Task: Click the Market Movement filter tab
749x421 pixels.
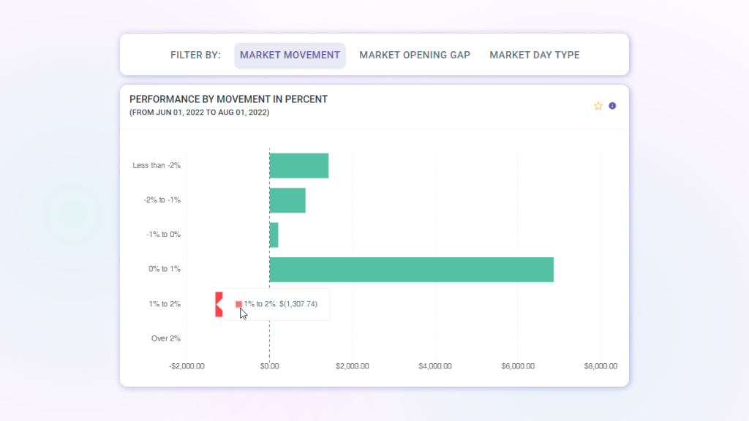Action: (290, 55)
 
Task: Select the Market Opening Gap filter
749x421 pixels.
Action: (415, 55)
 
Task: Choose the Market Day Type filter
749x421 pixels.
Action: (535, 55)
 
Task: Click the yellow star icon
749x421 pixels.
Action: (598, 106)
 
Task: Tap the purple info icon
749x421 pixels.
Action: (612, 106)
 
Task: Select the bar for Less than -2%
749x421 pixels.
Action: (299, 165)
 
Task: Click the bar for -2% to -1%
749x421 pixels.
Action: (287, 200)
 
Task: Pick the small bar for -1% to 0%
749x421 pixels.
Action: (274, 235)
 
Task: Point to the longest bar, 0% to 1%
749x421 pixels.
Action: (411, 269)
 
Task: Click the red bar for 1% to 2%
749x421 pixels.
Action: (219, 304)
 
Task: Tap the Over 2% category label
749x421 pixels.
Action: (166, 338)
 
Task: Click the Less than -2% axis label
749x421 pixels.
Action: (157, 165)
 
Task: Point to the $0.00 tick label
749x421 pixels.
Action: (269, 366)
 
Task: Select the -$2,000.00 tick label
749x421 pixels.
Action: (187, 366)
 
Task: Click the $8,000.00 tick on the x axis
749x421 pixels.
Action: (600, 366)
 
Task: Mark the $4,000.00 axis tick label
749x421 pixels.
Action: (434, 366)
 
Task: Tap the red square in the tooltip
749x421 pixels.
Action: (238, 304)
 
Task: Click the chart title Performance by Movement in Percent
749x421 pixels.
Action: (228, 99)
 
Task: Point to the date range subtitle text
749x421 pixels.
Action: (199, 113)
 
